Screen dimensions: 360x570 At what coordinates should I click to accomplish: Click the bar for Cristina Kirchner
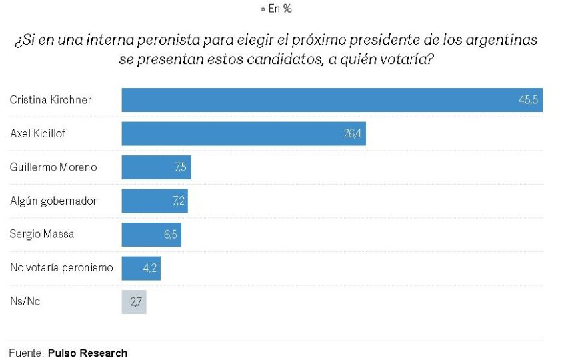tap(331, 100)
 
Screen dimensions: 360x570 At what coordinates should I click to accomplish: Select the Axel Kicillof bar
tap(243, 133)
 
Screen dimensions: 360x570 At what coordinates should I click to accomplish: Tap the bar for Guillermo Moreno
tap(156, 167)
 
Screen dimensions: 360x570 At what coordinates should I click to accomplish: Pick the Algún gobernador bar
tap(155, 201)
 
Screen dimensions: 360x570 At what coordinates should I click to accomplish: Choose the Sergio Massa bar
tap(151, 235)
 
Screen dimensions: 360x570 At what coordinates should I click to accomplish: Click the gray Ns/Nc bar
tap(133, 302)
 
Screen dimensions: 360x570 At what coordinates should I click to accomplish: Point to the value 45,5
tap(529, 100)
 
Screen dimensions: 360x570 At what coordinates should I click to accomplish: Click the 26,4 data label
tap(353, 133)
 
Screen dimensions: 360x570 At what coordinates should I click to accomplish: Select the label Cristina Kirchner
tap(51, 100)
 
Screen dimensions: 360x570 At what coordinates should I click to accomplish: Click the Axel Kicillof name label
tap(38, 133)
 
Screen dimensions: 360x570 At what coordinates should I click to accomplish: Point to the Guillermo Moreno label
tap(53, 167)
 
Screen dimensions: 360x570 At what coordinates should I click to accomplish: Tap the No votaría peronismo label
tap(61, 268)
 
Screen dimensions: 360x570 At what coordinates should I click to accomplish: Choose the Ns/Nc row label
tap(25, 302)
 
